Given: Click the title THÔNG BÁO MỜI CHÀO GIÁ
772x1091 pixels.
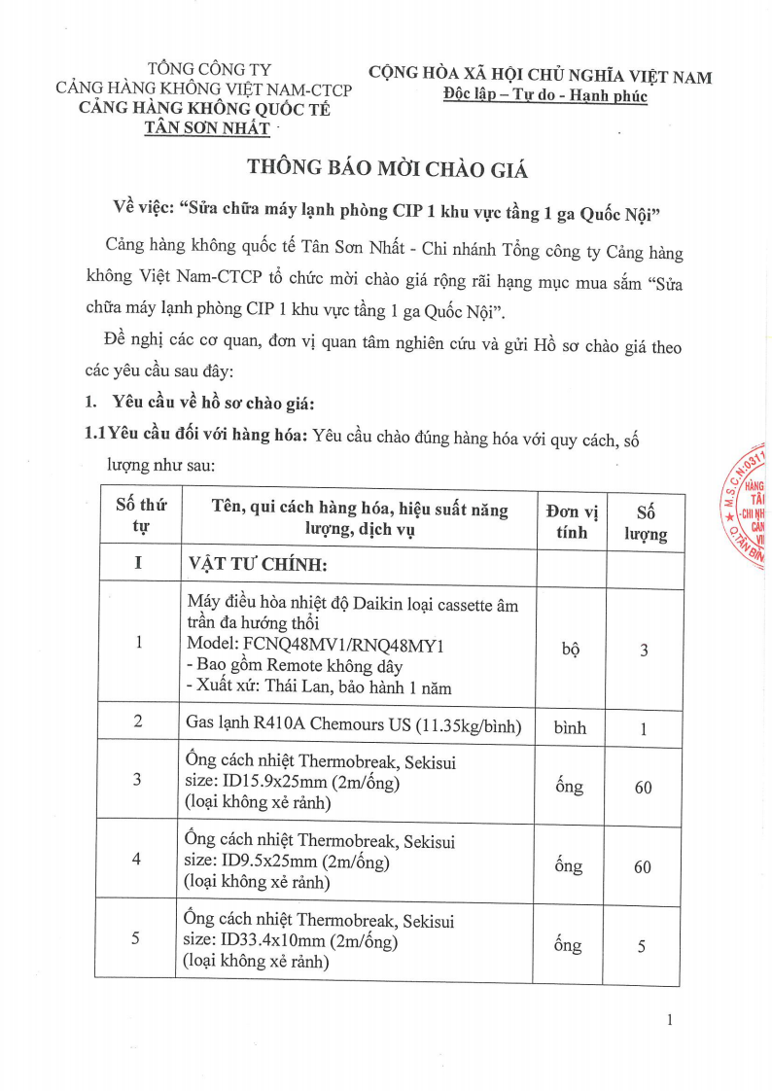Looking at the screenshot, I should (x=387, y=168).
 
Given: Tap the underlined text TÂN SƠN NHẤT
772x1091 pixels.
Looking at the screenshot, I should (x=206, y=127).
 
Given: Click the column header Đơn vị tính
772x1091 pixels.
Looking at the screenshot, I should (x=572, y=521).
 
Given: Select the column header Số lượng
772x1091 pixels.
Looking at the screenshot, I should (x=645, y=522).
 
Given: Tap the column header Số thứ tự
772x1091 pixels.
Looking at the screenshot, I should (x=141, y=515).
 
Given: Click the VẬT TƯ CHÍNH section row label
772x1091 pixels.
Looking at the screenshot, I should (x=258, y=566).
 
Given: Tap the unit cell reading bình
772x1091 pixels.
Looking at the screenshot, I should (x=571, y=726).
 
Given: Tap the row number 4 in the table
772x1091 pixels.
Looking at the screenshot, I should (x=136, y=859).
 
